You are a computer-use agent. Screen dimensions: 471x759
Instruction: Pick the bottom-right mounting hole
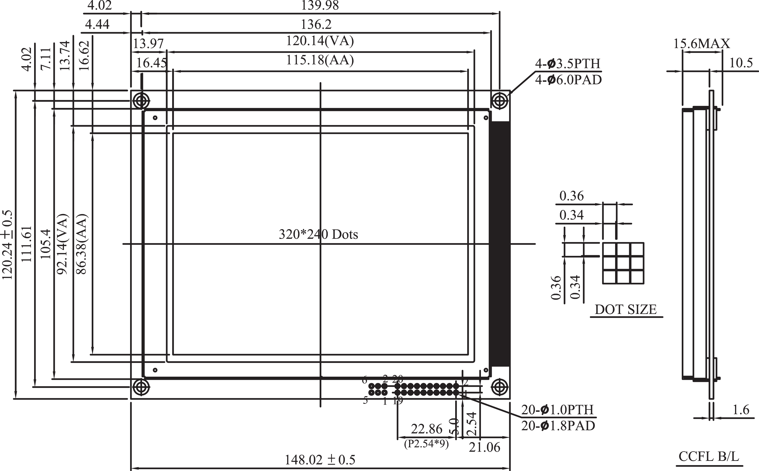tap(499, 388)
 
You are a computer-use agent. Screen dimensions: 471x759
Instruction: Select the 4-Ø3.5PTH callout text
tap(567, 64)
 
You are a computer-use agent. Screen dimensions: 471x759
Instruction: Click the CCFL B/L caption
tap(709, 457)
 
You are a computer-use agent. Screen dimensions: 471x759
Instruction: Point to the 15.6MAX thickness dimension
tap(701, 44)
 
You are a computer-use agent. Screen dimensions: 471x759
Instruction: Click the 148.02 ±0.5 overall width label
tap(320, 460)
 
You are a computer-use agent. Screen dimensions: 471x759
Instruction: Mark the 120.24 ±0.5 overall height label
tap(7, 245)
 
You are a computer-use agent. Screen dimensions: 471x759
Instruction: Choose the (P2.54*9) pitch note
tap(426, 444)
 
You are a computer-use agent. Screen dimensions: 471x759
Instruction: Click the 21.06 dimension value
tap(484, 448)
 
